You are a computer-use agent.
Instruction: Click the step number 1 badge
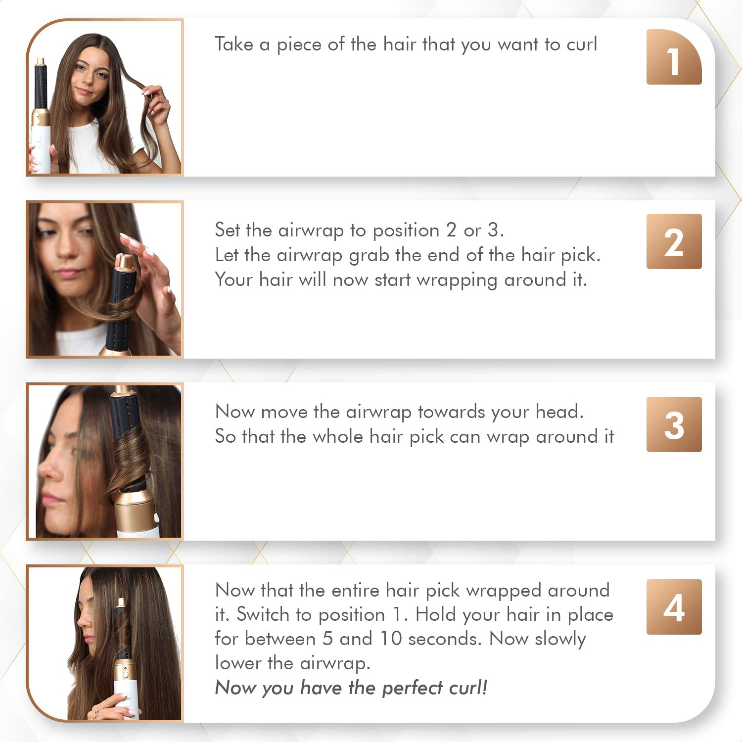(x=674, y=57)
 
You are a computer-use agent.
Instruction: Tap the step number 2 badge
(x=674, y=241)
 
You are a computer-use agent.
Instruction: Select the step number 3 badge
(x=674, y=424)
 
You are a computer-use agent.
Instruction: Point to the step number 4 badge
(x=674, y=607)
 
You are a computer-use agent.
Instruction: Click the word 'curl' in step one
(x=582, y=45)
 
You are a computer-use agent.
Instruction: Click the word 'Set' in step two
(x=228, y=230)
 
